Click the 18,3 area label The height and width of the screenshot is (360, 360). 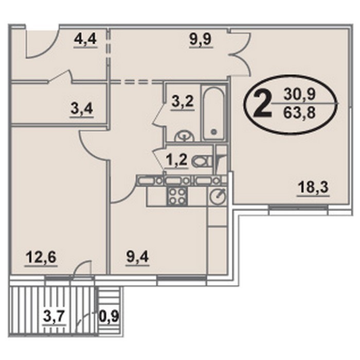[x=314, y=188]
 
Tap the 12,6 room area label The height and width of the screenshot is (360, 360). [x=41, y=257]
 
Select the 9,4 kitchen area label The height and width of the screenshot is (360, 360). [x=137, y=257]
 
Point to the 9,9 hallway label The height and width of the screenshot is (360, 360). [x=201, y=39]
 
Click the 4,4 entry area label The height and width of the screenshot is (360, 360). [x=85, y=39]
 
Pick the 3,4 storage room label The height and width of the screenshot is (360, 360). [x=82, y=109]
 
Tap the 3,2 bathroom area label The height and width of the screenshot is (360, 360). [x=183, y=102]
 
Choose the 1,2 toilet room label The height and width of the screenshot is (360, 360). [x=177, y=160]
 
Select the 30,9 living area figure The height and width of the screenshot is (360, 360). [x=300, y=94]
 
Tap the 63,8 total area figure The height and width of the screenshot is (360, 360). [x=299, y=113]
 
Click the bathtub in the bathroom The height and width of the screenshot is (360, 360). [x=214, y=113]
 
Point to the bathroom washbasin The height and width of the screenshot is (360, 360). [x=184, y=136]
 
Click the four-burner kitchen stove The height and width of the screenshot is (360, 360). [x=176, y=195]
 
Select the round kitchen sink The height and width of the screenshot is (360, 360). [x=218, y=195]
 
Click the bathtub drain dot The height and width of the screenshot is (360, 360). [x=214, y=132]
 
